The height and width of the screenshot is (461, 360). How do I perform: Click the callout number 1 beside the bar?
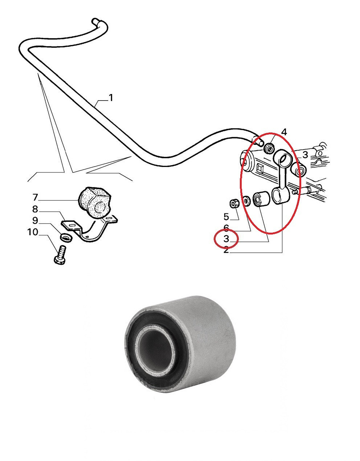111,98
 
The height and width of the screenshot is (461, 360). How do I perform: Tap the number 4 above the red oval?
284,132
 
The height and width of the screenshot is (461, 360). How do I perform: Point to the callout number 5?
226,217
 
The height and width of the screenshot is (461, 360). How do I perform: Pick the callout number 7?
35,197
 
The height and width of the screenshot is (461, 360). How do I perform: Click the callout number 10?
33,232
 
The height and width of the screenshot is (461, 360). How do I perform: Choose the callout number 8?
35,209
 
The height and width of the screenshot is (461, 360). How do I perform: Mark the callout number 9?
35,221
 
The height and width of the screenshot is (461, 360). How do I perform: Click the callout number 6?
226,228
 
